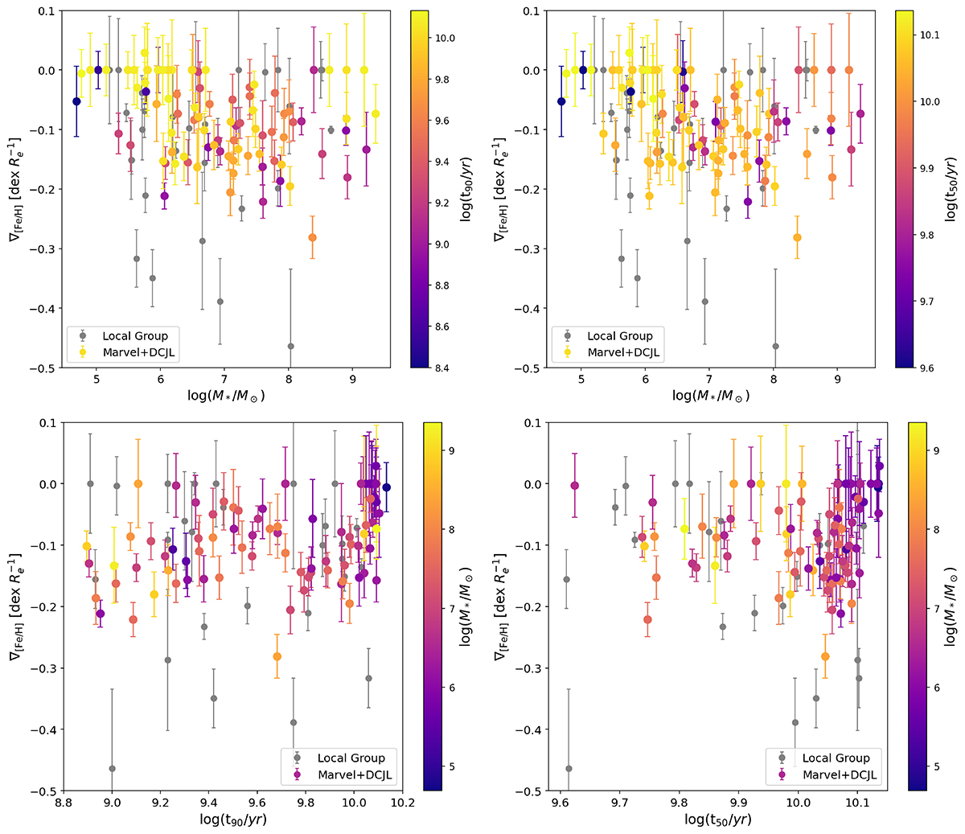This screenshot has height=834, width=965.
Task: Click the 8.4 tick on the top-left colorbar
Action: [x=442, y=368]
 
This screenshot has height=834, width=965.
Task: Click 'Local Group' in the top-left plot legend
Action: [x=135, y=335]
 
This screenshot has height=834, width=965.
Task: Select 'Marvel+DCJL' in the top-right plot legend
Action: [x=623, y=352]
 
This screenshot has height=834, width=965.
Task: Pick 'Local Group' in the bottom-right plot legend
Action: [x=836, y=758]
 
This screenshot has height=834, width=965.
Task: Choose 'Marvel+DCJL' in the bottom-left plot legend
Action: [x=351, y=774]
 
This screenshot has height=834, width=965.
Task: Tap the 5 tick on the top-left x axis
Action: [x=97, y=380]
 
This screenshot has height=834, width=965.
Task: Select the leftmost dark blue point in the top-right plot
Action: [x=561, y=101]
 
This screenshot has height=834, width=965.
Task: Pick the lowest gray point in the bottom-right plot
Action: [x=569, y=769]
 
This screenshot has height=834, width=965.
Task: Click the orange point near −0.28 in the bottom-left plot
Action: [x=277, y=656]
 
